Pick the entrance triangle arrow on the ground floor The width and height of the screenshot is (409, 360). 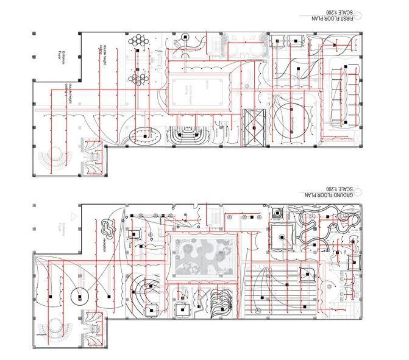click(x=74, y=216)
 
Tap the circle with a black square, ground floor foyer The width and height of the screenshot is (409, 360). click(x=80, y=297)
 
